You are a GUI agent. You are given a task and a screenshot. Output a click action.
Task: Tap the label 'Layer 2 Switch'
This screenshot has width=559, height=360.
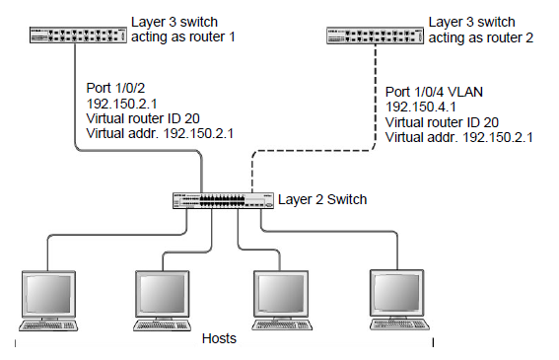point(322,200)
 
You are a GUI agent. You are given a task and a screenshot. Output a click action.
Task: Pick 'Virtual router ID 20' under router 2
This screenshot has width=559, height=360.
point(445,123)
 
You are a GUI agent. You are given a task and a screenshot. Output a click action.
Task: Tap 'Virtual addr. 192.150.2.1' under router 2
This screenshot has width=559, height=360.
point(459,138)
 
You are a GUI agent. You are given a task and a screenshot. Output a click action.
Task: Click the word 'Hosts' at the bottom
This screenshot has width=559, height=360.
point(219,338)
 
